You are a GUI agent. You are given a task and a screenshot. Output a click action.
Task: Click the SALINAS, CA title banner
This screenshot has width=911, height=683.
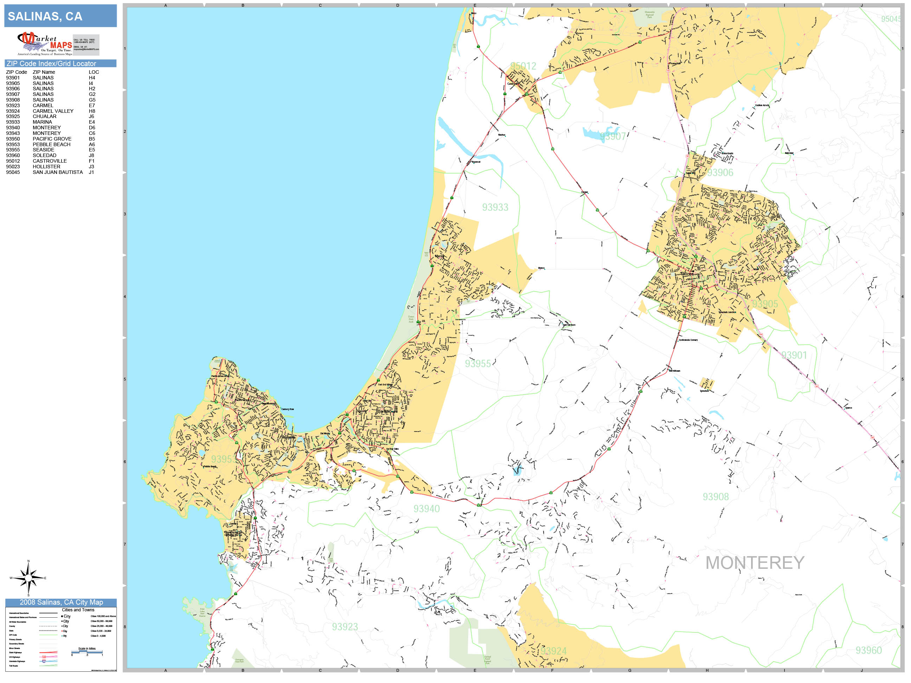60,16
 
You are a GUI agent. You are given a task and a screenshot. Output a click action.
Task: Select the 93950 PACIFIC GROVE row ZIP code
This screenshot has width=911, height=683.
13,139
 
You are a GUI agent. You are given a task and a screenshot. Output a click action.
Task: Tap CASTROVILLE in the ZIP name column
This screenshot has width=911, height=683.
50,161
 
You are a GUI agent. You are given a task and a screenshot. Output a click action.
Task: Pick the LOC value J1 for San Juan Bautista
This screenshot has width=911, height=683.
91,172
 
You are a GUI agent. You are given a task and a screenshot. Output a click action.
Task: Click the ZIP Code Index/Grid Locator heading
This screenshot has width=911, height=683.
51,63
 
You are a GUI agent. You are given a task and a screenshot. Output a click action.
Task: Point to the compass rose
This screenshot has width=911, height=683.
28,578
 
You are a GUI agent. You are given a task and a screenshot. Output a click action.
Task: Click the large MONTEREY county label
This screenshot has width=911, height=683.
755,563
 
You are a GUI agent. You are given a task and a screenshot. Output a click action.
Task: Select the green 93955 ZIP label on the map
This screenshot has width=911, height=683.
478,364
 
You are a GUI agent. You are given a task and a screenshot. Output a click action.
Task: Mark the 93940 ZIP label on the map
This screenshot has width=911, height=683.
426,508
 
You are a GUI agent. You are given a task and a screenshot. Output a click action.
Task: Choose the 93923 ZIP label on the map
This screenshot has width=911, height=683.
345,626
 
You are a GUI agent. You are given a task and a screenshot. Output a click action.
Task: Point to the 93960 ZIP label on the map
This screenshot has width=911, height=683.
868,650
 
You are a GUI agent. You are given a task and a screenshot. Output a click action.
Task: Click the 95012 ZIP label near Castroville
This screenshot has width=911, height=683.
523,66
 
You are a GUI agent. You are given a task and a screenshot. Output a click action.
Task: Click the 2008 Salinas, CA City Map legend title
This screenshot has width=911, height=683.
61,602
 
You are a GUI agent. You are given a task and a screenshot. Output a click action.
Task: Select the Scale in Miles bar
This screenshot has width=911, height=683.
87,652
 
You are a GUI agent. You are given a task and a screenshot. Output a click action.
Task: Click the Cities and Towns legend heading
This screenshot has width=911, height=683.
78,610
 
